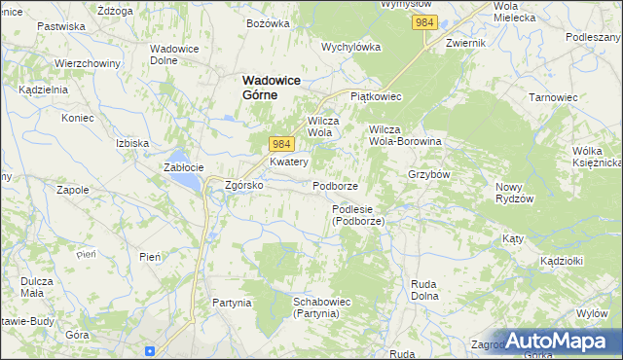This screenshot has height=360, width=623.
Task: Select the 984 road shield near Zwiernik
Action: [423, 21]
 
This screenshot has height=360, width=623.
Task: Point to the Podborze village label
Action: [336, 186]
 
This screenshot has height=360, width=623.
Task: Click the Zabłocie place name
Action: [182, 166]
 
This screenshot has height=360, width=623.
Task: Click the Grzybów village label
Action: [428, 175]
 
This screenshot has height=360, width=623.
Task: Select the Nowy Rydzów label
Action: [515, 193]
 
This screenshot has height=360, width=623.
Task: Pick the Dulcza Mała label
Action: [37, 288]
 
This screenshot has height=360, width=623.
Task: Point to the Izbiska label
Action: [131, 143]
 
